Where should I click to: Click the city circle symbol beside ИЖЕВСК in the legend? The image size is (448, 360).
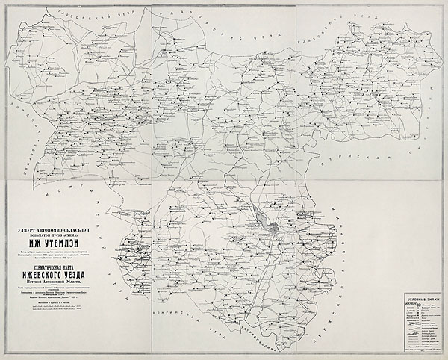tap(416, 305)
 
